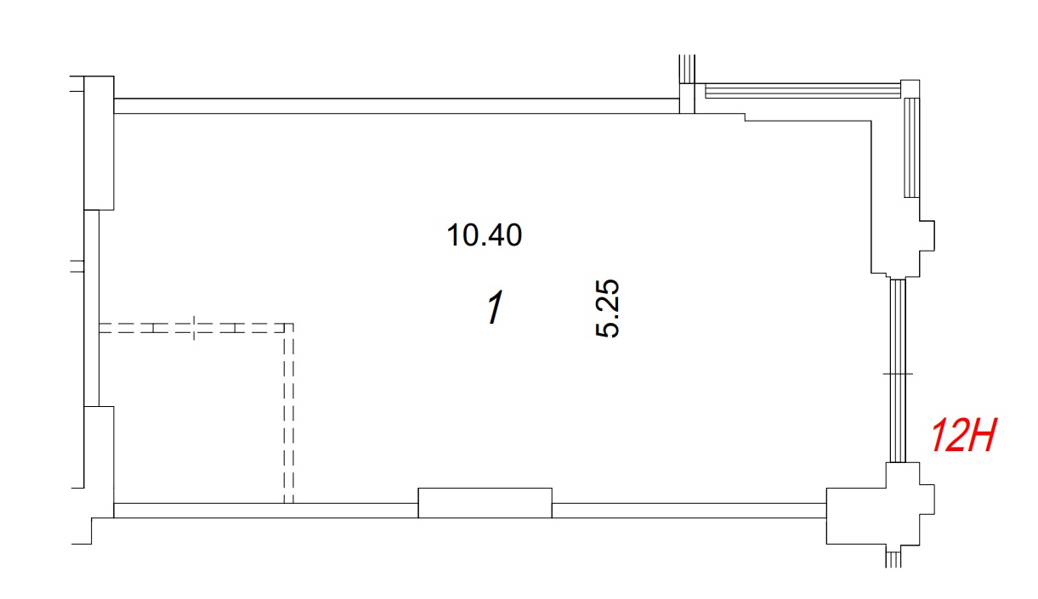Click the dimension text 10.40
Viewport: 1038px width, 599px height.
click(485, 235)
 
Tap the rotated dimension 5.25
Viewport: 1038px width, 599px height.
click(607, 308)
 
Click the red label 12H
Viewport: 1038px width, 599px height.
click(963, 435)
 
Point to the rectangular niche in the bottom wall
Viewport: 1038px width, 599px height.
click(485, 503)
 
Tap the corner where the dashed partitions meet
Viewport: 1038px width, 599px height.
click(289, 327)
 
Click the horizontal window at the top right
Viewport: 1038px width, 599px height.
click(803, 91)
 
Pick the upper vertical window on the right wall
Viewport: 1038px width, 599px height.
click(911, 148)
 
